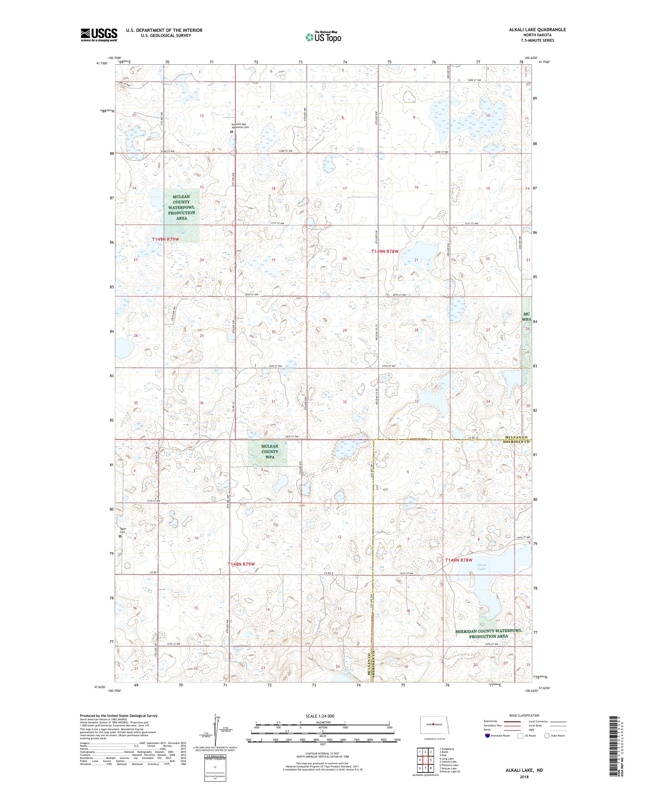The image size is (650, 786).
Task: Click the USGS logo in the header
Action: (x=99, y=35)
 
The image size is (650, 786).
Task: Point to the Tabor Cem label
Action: (x=123, y=530)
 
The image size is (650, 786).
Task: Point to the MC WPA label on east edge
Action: (x=526, y=317)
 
